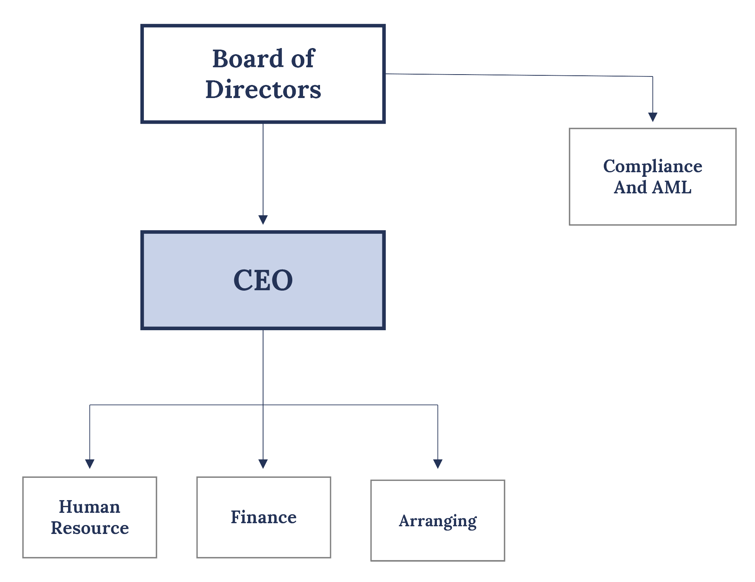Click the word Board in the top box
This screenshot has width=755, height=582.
click(x=248, y=59)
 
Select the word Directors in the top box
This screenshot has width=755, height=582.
click(x=263, y=90)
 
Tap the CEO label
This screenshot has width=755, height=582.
click(x=263, y=280)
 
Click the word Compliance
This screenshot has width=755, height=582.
click(x=652, y=166)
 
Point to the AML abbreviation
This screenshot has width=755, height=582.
click(x=672, y=188)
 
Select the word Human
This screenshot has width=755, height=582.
click(x=90, y=507)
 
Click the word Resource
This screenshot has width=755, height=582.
click(x=90, y=528)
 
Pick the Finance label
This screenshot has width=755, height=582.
click(x=263, y=517)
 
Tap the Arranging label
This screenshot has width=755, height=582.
click(x=438, y=521)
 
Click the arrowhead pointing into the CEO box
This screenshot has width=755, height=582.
click(x=263, y=220)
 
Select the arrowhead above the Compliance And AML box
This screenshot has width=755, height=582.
click(x=653, y=117)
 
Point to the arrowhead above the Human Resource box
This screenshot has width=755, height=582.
click(x=90, y=464)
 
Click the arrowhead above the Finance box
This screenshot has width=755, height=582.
click(x=263, y=464)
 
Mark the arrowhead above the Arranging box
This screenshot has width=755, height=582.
click(x=438, y=464)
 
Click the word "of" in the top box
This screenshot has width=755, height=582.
click(x=303, y=59)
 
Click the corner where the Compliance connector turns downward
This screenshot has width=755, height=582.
click(x=653, y=76)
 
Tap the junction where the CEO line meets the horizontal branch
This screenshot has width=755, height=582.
click(x=263, y=405)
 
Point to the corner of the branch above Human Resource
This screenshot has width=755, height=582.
click(x=90, y=405)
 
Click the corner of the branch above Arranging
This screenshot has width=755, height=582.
click(x=438, y=405)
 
